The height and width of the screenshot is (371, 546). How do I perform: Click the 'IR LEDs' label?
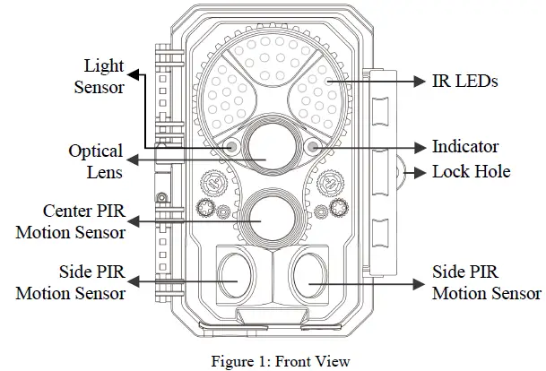464,82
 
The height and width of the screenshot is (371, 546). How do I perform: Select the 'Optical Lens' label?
95,161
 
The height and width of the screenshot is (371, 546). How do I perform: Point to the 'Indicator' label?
464,146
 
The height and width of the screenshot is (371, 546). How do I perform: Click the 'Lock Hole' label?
471,171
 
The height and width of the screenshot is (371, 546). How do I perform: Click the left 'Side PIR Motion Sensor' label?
70,281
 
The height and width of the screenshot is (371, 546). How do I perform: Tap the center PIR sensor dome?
269,218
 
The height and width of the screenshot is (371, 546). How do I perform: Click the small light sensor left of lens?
231,146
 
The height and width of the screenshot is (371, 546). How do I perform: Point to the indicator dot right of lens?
312,146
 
